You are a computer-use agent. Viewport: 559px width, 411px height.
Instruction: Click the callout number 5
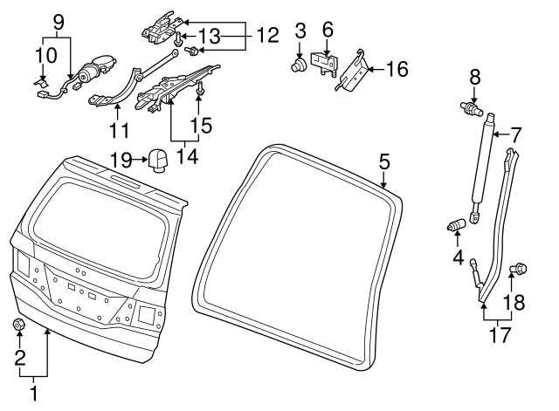pyautogui.click(x=385, y=161)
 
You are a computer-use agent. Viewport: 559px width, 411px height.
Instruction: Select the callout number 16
pyautogui.click(x=397, y=69)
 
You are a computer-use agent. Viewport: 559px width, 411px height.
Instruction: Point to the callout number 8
pyautogui.click(x=475, y=77)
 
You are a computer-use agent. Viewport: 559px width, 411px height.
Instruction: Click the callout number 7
pyautogui.click(x=516, y=135)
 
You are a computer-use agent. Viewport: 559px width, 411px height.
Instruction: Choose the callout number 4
pyautogui.click(x=456, y=258)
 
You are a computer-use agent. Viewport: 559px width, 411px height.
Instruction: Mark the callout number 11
pyautogui.click(x=119, y=131)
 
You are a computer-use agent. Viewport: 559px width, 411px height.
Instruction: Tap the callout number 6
pyautogui.click(x=328, y=29)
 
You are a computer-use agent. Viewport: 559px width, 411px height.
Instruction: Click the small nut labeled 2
pyautogui.click(x=18, y=325)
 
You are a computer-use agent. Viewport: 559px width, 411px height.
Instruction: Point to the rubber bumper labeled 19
pyautogui.click(x=158, y=161)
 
